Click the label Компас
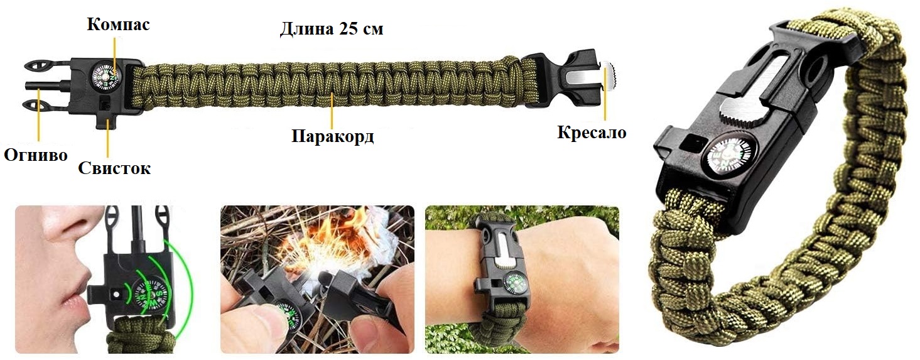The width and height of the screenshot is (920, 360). [x=118, y=25]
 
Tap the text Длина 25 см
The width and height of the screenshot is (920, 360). [x=332, y=29]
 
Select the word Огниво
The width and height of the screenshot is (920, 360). [x=36, y=155]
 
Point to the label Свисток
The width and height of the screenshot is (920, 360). [x=114, y=168]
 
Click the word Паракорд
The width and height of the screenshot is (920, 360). [x=333, y=136]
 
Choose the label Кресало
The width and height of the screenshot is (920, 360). [x=592, y=133]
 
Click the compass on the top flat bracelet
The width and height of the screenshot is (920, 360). [x=105, y=75]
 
